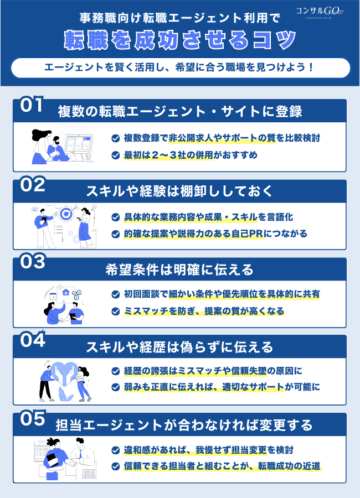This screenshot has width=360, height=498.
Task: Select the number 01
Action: [32, 106]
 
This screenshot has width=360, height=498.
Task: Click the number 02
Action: [33, 185]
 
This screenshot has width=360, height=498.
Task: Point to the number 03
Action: [33, 262]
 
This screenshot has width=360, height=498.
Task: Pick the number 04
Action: [33, 340]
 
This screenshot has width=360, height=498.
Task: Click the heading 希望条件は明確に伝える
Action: [179, 269]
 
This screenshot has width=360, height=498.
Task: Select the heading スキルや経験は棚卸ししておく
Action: [179, 191]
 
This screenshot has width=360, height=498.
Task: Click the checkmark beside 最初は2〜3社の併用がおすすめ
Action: [115, 155]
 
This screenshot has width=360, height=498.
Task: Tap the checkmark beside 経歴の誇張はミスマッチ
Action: [115, 371]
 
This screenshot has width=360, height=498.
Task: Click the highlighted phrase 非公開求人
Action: [183, 138]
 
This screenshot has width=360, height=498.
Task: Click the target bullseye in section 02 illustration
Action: [66, 213]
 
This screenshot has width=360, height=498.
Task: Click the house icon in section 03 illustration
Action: [65, 294]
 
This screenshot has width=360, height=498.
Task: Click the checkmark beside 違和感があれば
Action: [115, 450]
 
